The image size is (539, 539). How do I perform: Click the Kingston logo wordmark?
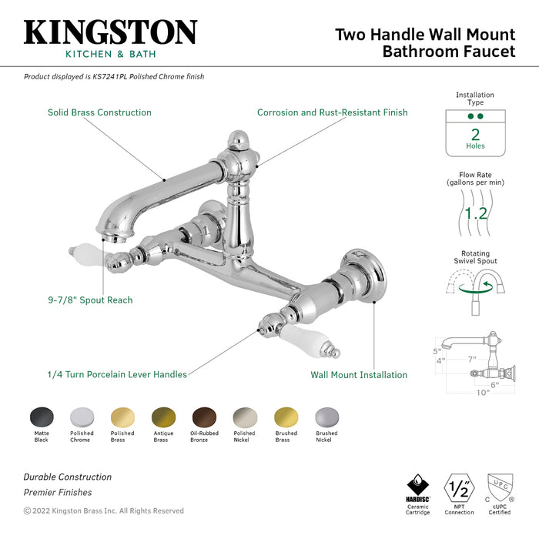(x=110, y=32)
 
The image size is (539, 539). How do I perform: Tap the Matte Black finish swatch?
(x=42, y=417)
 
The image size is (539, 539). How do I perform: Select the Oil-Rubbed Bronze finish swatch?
(x=204, y=417)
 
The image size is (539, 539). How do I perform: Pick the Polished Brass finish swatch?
(x=122, y=417)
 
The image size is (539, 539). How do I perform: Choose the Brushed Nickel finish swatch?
(x=326, y=417)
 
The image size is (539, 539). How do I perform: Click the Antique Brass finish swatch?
(x=163, y=417)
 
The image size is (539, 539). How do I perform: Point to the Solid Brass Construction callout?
(x=99, y=112)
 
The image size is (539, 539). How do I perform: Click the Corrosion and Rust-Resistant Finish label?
(x=332, y=112)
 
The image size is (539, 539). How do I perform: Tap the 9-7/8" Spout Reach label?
(x=89, y=300)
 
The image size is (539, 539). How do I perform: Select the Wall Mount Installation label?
(x=359, y=375)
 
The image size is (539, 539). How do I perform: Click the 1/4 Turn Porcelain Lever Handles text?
(x=116, y=375)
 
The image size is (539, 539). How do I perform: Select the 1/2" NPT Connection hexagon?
(x=459, y=488)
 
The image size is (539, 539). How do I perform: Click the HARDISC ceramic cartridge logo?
(x=418, y=487)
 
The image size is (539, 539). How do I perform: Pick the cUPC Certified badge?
(x=500, y=488)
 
